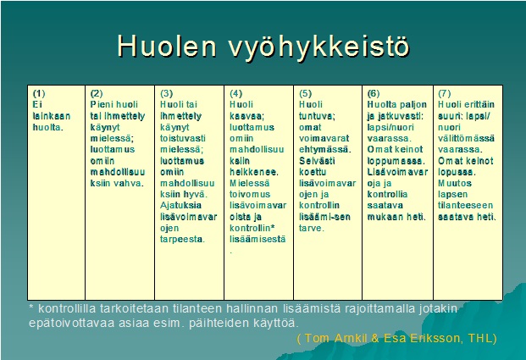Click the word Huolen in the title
click(x=163, y=47)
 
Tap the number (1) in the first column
click(x=38, y=93)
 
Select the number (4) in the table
click(x=236, y=93)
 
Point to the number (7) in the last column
click(x=444, y=93)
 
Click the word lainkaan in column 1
click(x=51, y=115)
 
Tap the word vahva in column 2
click(x=129, y=182)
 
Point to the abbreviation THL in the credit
click(x=475, y=338)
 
